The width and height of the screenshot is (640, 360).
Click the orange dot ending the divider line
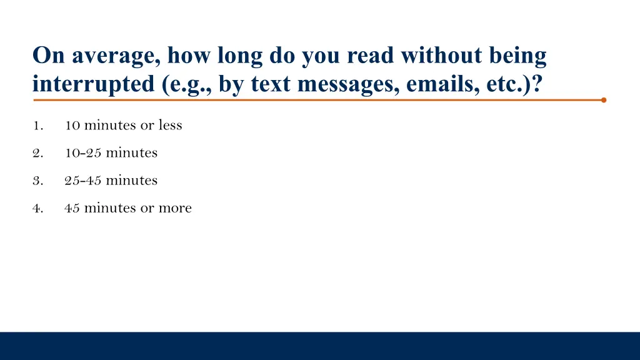(x=603, y=99)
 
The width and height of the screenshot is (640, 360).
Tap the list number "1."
(x=37, y=126)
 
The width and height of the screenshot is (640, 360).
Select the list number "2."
(x=37, y=153)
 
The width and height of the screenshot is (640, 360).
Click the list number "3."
(x=37, y=181)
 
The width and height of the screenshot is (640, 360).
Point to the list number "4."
(x=37, y=208)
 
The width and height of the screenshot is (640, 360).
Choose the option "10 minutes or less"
(x=123, y=125)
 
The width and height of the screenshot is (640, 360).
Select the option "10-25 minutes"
(x=111, y=152)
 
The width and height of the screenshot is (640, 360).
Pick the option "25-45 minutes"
(x=111, y=180)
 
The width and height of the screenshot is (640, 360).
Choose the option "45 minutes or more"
(x=127, y=207)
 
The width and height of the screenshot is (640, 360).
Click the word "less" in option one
(x=170, y=125)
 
